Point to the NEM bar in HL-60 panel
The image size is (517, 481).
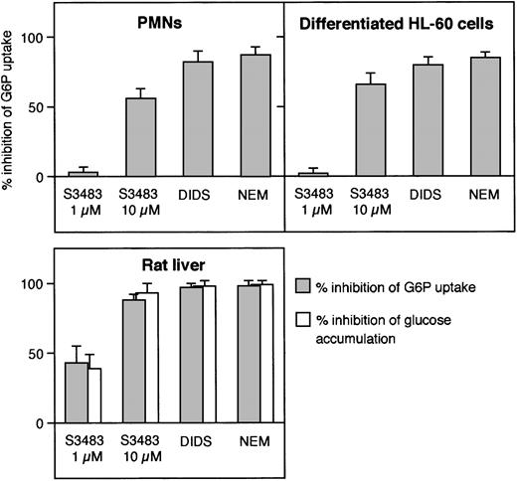(x=484, y=117)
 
